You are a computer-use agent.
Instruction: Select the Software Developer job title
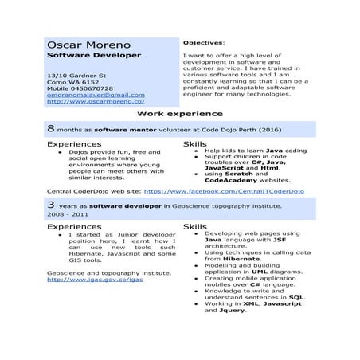[93, 56]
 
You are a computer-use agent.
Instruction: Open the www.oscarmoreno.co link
[96, 102]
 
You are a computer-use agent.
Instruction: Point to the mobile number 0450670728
[92, 88]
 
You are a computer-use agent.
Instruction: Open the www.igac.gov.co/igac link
[96, 280]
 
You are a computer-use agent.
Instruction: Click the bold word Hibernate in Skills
[241, 259]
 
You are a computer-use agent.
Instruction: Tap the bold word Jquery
[231, 310]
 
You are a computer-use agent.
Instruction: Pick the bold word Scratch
[238, 174]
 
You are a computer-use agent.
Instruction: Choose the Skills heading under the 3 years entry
[195, 226]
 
